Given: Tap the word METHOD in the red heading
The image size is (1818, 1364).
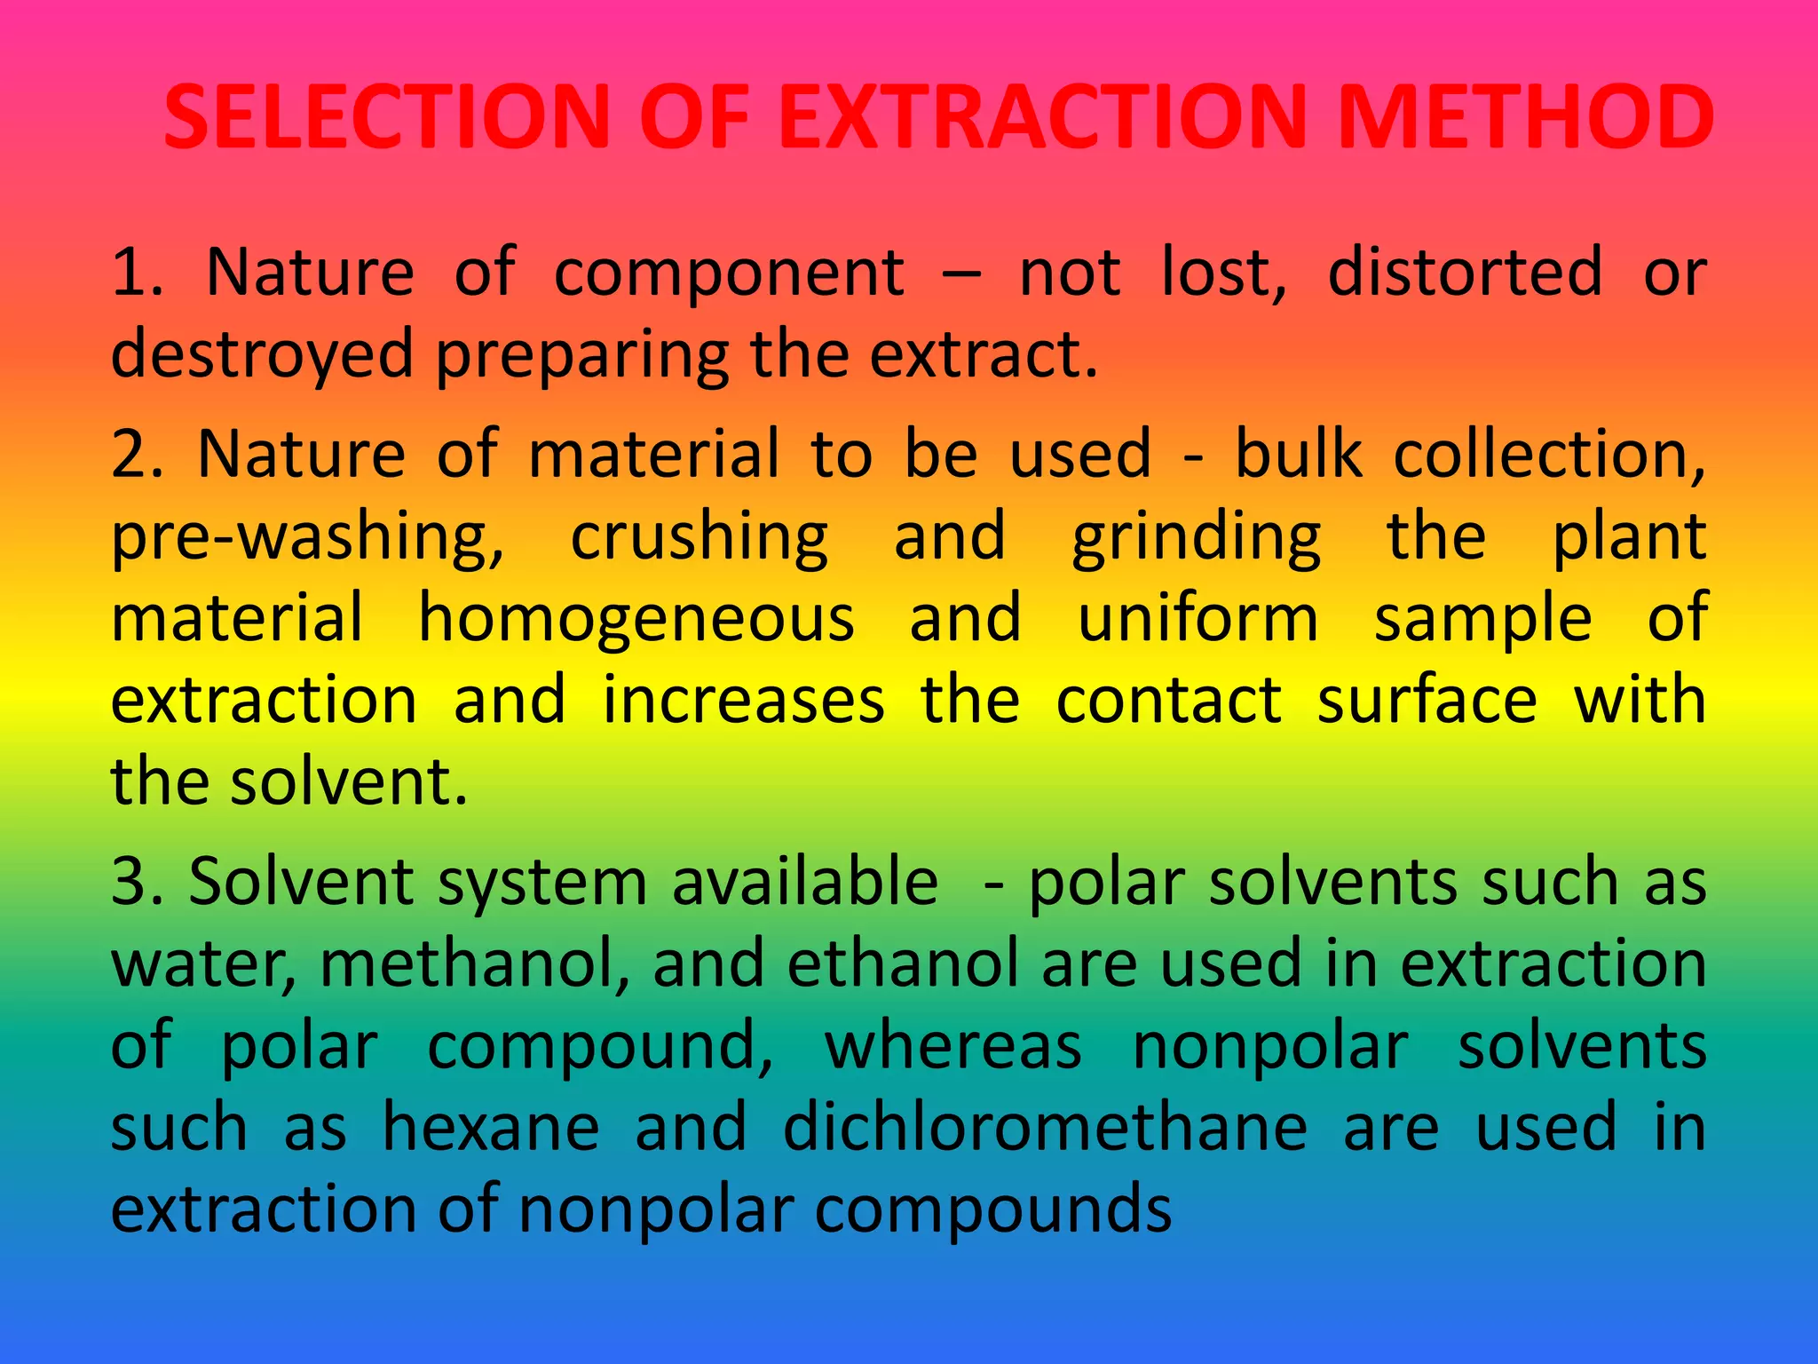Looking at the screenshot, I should coord(1524,117).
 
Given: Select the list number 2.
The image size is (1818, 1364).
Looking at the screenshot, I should coord(136,455).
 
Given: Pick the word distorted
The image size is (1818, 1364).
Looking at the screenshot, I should coord(1465,272).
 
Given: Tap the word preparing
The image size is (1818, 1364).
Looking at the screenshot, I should coord(581,354).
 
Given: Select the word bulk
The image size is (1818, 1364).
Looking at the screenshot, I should coord(1299,455).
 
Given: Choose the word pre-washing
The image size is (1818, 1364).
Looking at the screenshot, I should coord(307,538).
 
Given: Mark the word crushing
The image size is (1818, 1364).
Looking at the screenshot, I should coord(699,538).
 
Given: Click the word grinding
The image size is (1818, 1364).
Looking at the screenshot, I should coord(1197,538).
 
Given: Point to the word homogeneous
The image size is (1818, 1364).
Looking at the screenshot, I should coord(636,619).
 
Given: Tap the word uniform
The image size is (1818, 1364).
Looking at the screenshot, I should coord(1198,619).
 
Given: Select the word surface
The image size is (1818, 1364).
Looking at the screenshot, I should coord(1427,701).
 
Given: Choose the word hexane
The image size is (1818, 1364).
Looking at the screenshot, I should coord(491,1129).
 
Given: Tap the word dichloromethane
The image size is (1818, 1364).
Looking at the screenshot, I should coord(1045,1129).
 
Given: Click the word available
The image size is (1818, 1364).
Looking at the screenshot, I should coord(804,882).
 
